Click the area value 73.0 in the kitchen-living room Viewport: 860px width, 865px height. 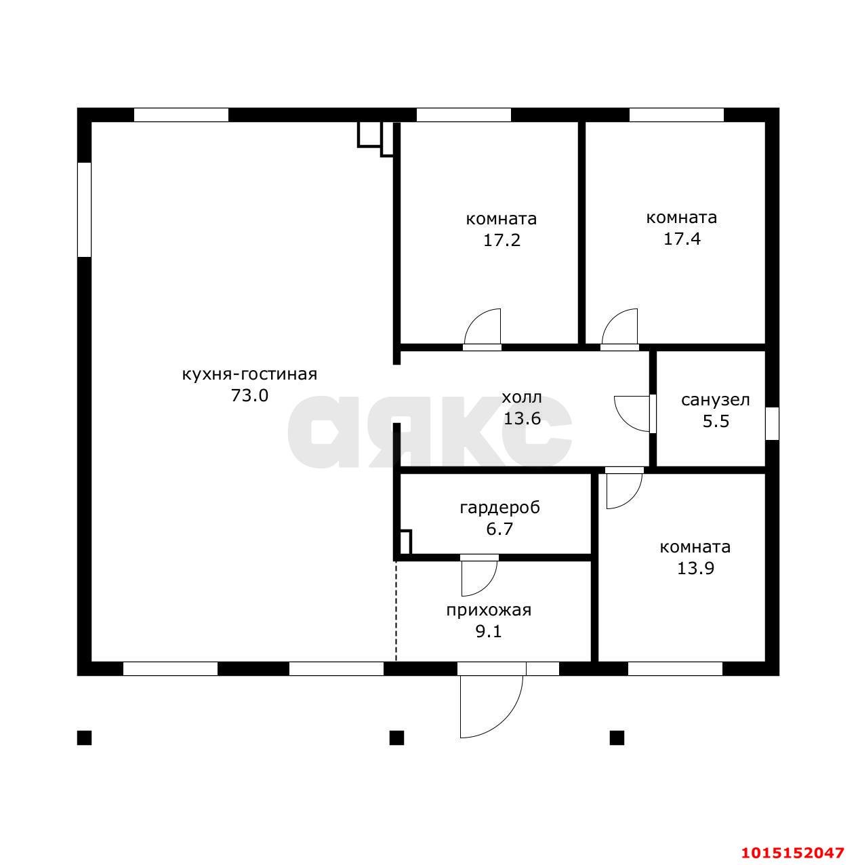(x=249, y=395)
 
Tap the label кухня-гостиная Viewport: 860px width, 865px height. (x=249, y=374)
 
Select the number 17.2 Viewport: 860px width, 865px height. (x=501, y=240)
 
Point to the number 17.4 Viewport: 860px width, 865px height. (x=682, y=239)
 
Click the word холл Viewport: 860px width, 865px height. (x=522, y=397)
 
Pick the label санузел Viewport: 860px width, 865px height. (x=716, y=400)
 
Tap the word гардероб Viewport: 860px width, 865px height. (x=500, y=508)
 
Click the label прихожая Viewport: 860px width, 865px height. (x=489, y=610)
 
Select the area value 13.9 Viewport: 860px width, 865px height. (x=695, y=569)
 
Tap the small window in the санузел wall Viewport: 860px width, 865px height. (x=772, y=423)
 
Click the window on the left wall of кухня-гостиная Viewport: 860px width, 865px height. (x=85, y=209)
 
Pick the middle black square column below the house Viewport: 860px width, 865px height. (x=396, y=738)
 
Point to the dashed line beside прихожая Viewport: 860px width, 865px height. (x=396, y=611)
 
